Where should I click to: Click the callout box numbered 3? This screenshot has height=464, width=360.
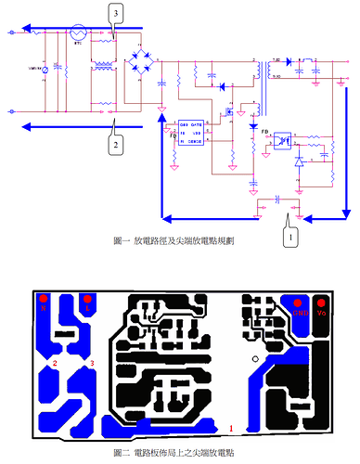114,14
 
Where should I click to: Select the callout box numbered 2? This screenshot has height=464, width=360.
115,145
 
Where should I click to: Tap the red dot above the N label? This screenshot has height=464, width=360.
43,298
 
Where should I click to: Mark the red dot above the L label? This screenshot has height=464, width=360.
87,298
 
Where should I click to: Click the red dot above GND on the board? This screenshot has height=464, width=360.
300,301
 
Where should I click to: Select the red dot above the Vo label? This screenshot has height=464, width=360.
323,301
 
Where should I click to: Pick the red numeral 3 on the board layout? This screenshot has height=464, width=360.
91,363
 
